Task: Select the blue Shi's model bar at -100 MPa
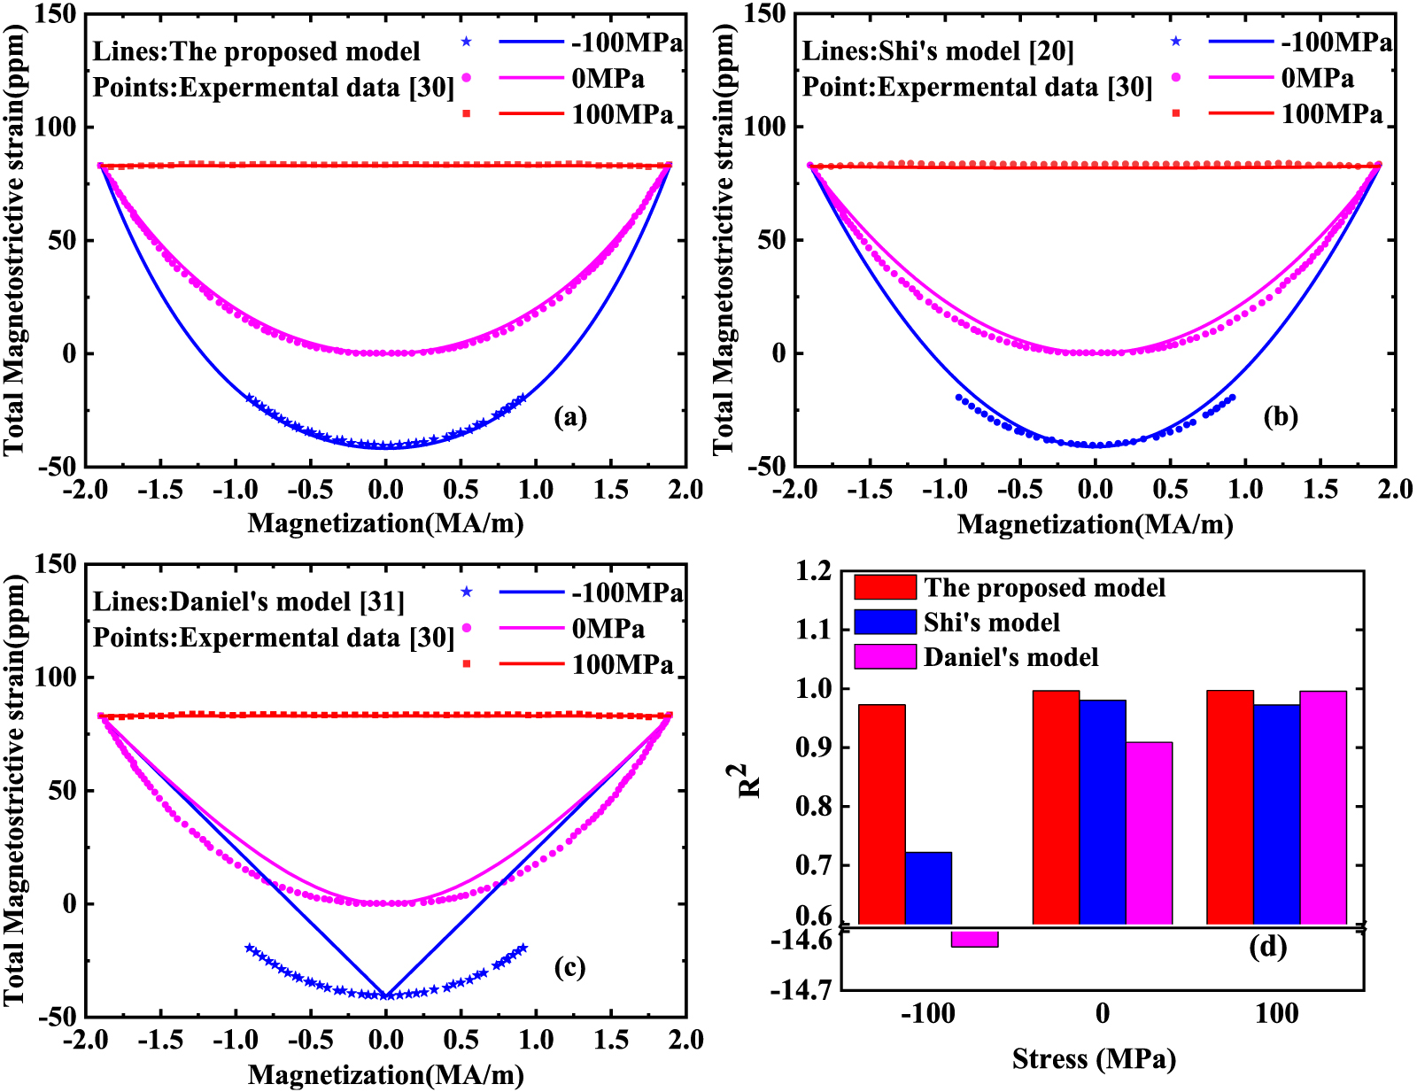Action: pos(928,887)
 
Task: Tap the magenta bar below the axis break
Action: pos(974,939)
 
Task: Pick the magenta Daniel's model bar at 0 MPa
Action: pos(1149,833)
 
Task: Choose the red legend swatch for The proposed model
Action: pos(885,587)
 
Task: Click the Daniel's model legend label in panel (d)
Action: pos(1010,657)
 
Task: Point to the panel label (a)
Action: pos(569,416)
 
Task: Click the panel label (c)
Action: pos(569,967)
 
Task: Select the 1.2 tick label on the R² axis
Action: pos(814,571)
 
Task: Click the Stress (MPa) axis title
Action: pos(1094,1058)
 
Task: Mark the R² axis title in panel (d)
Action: pos(749,780)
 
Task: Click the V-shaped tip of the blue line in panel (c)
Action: pos(385,995)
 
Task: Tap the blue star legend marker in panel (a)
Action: pos(467,43)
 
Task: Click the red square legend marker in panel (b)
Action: pos(1176,113)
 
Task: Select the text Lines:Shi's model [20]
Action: pos(937,51)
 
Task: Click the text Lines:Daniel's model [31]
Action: pos(249,602)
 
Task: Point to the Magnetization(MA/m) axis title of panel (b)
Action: pos(1095,524)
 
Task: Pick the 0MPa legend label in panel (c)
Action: pos(608,629)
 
